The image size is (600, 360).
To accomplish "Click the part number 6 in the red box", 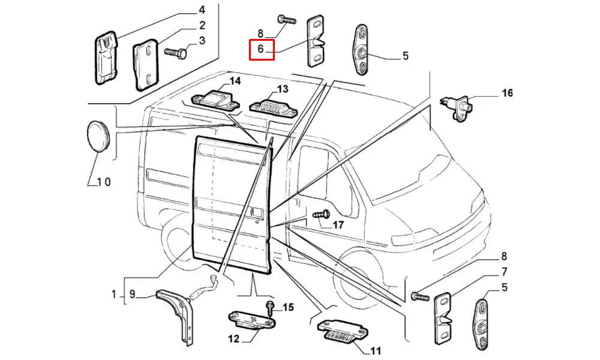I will (261, 49).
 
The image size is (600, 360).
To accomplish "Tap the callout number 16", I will (508, 94).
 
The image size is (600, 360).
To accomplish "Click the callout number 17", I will (338, 225).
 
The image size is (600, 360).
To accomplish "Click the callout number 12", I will (233, 339).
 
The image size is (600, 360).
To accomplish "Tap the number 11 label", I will (376, 350).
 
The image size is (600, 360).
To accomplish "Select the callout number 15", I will (287, 308).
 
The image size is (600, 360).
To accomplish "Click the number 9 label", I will (133, 295).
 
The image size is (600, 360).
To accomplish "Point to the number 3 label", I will (202, 41).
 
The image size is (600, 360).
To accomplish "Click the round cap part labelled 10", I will (96, 137).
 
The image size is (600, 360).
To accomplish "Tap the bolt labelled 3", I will (175, 54).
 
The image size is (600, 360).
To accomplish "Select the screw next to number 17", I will (320, 214).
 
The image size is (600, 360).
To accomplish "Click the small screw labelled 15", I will (271, 308).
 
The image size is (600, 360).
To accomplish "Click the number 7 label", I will (505, 271).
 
